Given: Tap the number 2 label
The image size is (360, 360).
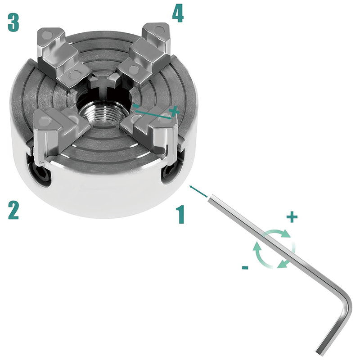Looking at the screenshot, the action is coord(13,210).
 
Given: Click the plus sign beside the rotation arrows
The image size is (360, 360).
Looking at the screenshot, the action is coord(292,217).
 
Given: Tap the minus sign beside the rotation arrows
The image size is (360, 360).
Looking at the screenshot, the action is coord(245,267).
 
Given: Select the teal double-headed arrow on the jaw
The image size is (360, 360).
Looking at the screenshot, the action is coord(153,112).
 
